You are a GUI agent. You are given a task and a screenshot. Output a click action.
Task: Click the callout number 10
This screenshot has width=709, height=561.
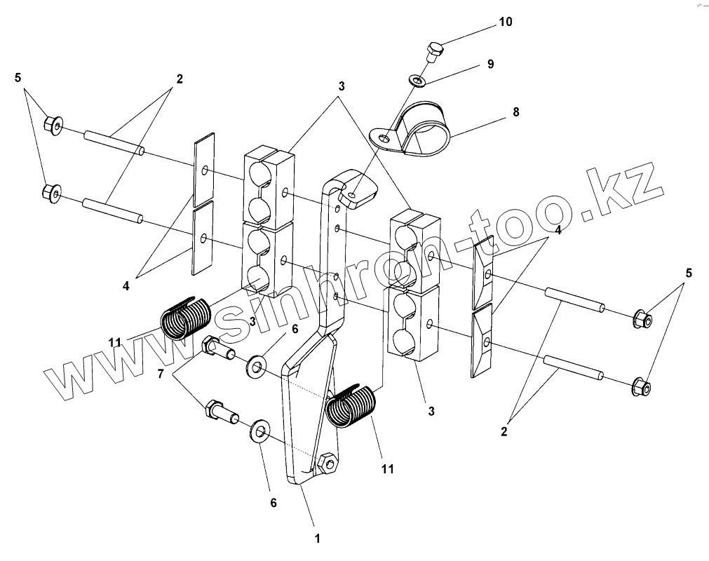[505, 22]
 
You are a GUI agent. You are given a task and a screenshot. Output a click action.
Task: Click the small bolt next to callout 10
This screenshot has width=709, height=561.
[434, 51]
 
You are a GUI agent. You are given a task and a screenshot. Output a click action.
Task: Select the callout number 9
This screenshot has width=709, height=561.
[490, 64]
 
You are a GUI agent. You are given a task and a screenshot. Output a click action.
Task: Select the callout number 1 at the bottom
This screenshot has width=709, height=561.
[317, 539]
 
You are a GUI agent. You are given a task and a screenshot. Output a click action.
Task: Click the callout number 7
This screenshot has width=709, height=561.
[161, 374]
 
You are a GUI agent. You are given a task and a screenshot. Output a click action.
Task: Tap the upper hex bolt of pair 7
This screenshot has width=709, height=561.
[216, 348]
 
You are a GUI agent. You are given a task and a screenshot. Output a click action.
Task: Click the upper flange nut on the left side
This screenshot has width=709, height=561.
[53, 126]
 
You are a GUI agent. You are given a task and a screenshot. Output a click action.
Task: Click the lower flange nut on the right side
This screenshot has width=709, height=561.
[642, 386]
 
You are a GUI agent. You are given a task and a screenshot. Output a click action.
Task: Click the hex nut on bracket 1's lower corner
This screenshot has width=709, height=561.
[326, 464]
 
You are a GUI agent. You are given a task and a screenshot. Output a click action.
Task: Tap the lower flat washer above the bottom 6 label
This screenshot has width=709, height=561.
[260, 431]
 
